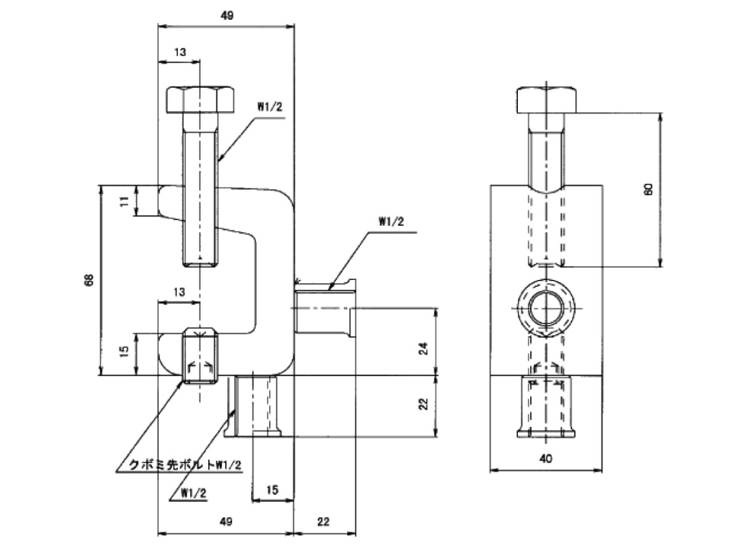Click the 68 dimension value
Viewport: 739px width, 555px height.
click(89, 280)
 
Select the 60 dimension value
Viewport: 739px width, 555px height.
click(648, 189)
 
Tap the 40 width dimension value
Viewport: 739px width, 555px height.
click(546, 459)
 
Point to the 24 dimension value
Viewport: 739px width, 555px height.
click(424, 348)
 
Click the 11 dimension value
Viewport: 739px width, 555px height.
click(124, 201)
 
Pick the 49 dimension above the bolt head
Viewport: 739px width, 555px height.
click(227, 15)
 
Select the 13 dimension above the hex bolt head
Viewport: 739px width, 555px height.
click(180, 52)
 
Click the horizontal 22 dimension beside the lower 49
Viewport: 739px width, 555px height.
click(323, 522)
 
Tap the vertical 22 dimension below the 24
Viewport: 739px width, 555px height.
click(424, 404)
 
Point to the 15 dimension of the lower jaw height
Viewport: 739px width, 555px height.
click(124, 351)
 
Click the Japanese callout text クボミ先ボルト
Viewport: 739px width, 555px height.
click(172, 466)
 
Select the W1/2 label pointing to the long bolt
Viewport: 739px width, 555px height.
click(270, 107)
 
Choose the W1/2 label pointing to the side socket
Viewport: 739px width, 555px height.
click(391, 221)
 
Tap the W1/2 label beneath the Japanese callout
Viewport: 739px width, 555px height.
click(193, 493)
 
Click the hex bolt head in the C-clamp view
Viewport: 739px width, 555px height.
click(200, 100)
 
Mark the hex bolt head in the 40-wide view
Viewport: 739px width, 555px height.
click(546, 100)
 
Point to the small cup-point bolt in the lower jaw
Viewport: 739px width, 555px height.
click(200, 356)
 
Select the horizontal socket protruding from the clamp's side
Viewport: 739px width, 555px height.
click(325, 308)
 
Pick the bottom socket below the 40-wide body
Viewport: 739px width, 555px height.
click(546, 406)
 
